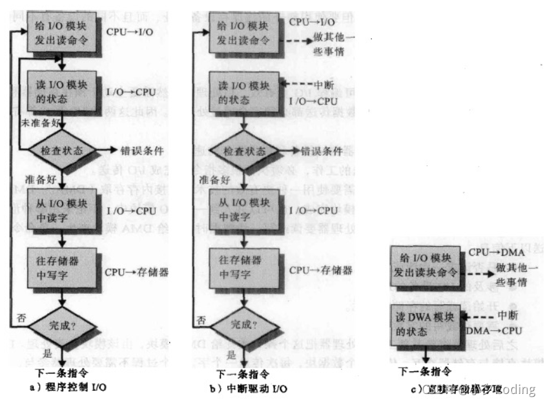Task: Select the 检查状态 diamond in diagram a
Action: click(62, 150)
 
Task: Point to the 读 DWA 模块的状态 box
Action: click(424, 322)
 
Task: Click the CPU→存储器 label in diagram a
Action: click(137, 272)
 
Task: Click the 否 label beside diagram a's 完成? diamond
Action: click(21, 318)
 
